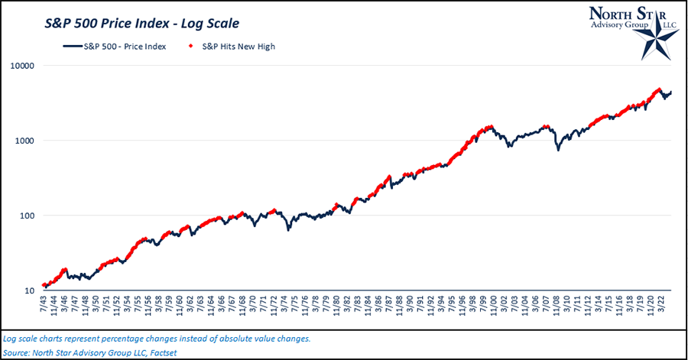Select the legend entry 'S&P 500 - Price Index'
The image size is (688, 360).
tap(115, 47)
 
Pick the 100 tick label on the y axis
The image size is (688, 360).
tap(28, 216)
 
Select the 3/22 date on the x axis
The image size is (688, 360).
tap(662, 310)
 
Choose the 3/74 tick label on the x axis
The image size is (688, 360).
tap(287, 310)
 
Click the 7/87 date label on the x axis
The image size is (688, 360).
tap(391, 310)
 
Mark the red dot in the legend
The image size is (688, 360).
tap(189, 47)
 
